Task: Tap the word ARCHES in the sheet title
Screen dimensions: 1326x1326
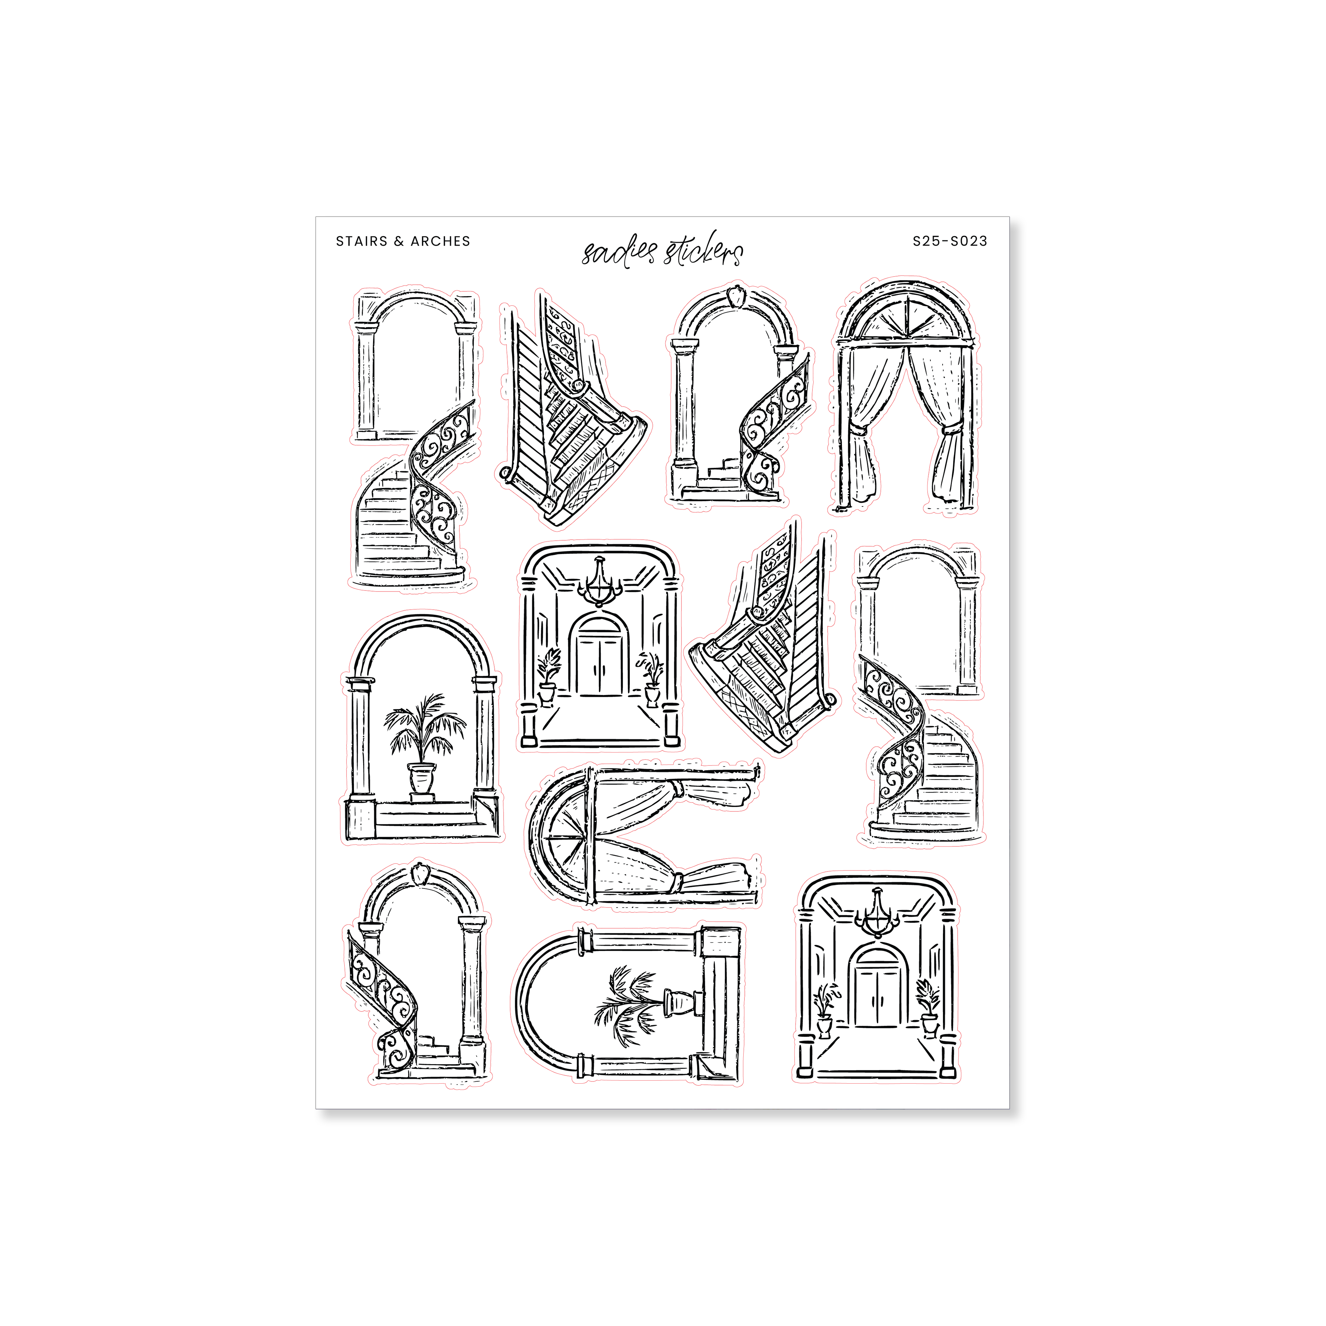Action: click(441, 241)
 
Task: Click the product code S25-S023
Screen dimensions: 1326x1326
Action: click(950, 241)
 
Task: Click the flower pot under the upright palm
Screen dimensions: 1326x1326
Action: click(422, 778)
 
